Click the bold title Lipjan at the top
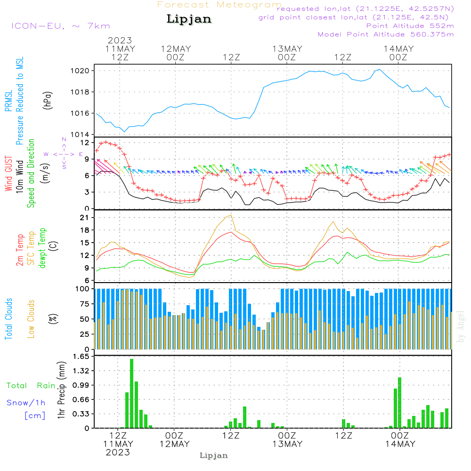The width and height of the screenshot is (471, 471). [189, 19]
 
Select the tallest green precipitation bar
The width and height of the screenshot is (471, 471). [132, 393]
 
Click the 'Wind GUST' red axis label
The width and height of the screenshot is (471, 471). [8, 175]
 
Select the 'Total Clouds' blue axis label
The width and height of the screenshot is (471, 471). [8, 319]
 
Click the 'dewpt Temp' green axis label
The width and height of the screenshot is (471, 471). [43, 248]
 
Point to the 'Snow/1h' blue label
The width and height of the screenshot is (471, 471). [26, 403]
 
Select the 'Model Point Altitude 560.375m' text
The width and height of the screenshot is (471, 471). [386, 34]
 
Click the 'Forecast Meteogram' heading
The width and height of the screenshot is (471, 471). [219, 5]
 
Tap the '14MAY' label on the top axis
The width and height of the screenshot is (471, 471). [398, 49]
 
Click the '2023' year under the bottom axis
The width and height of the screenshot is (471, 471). [118, 452]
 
